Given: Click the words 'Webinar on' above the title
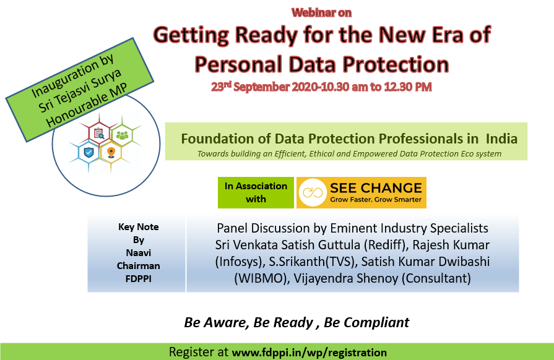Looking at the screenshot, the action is tap(321, 13).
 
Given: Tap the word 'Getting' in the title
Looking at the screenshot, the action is tap(191, 36).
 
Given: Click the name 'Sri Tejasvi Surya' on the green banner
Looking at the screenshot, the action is tap(80, 90).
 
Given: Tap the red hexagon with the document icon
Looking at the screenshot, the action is tap(99, 134).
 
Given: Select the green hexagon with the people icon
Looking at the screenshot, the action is tap(122, 135).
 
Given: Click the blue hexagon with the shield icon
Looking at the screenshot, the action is tap(89, 152).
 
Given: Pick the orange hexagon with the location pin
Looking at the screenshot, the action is tap(111, 152).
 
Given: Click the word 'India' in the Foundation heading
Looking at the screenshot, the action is tap(501, 139).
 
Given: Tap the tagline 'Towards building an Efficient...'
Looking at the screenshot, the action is tap(349, 154).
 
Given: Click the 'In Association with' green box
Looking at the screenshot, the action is tap(256, 192).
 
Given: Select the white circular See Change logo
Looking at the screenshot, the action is tap(313, 192).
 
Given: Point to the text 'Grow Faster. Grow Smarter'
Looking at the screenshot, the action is tap(376, 200).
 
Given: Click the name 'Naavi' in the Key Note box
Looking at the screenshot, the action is tap(139, 253).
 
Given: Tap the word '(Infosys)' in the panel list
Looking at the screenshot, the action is tap(240, 262).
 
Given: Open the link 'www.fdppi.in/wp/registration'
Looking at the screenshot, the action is tap(309, 353).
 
